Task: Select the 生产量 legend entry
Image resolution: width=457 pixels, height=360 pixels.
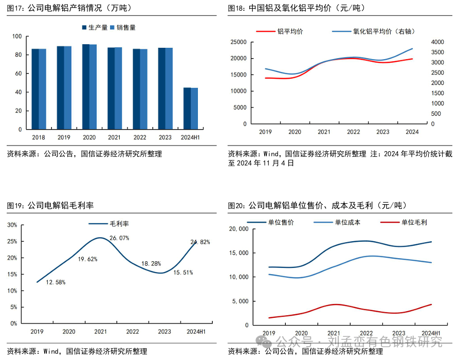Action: tap(96, 27)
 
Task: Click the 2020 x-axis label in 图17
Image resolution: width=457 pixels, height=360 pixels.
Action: tap(89, 137)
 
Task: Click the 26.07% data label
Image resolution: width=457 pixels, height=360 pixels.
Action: tap(119, 238)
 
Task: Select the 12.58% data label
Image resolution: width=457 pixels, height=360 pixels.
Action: tap(56, 282)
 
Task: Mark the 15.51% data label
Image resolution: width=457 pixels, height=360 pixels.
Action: tap(183, 273)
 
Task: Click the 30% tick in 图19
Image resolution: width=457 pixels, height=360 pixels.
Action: tap(12, 225)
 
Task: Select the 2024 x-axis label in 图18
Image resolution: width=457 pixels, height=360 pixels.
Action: tap(412, 132)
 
